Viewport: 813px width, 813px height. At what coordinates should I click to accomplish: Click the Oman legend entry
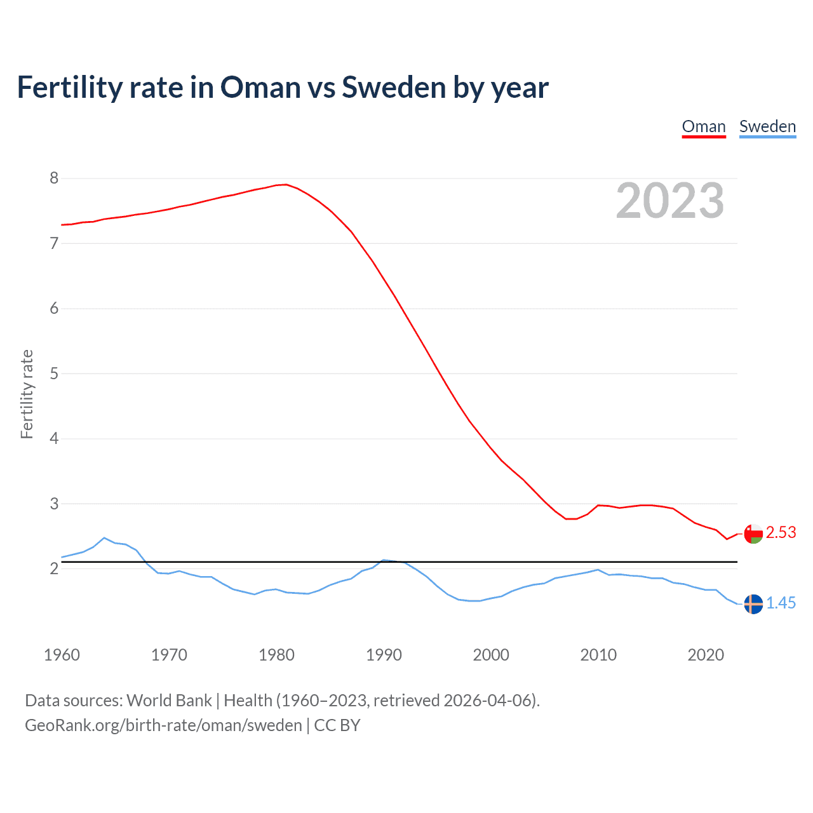click(x=704, y=126)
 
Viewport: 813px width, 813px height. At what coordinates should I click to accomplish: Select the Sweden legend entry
click(x=767, y=126)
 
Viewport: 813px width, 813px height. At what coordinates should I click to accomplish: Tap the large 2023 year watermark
click(x=670, y=201)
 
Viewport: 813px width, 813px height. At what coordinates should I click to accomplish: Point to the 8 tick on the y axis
click(x=54, y=178)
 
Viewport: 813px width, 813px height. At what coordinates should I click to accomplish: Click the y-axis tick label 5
click(x=54, y=373)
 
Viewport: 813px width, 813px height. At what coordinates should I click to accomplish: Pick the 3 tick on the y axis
click(x=54, y=504)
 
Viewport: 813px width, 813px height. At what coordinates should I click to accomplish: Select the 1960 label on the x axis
click(x=62, y=655)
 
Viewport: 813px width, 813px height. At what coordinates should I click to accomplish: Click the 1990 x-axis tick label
click(x=384, y=655)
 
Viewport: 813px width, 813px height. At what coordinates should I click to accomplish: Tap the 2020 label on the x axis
click(x=706, y=655)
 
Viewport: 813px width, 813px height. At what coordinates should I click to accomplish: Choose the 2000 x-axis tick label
click(x=491, y=655)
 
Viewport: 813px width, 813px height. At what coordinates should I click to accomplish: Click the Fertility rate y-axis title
click(x=27, y=394)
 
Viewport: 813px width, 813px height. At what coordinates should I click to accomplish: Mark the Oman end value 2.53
click(x=781, y=533)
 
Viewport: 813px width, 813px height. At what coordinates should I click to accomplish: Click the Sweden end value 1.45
click(x=781, y=603)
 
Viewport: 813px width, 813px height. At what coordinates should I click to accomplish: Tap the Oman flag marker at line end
click(x=753, y=534)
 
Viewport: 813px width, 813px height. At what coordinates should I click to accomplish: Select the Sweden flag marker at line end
click(x=753, y=604)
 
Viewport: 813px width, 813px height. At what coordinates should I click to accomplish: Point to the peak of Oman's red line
click(x=286, y=184)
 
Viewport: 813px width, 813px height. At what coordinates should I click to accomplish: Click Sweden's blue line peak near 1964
click(x=104, y=537)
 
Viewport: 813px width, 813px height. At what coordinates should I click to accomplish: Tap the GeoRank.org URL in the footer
click(x=163, y=725)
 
